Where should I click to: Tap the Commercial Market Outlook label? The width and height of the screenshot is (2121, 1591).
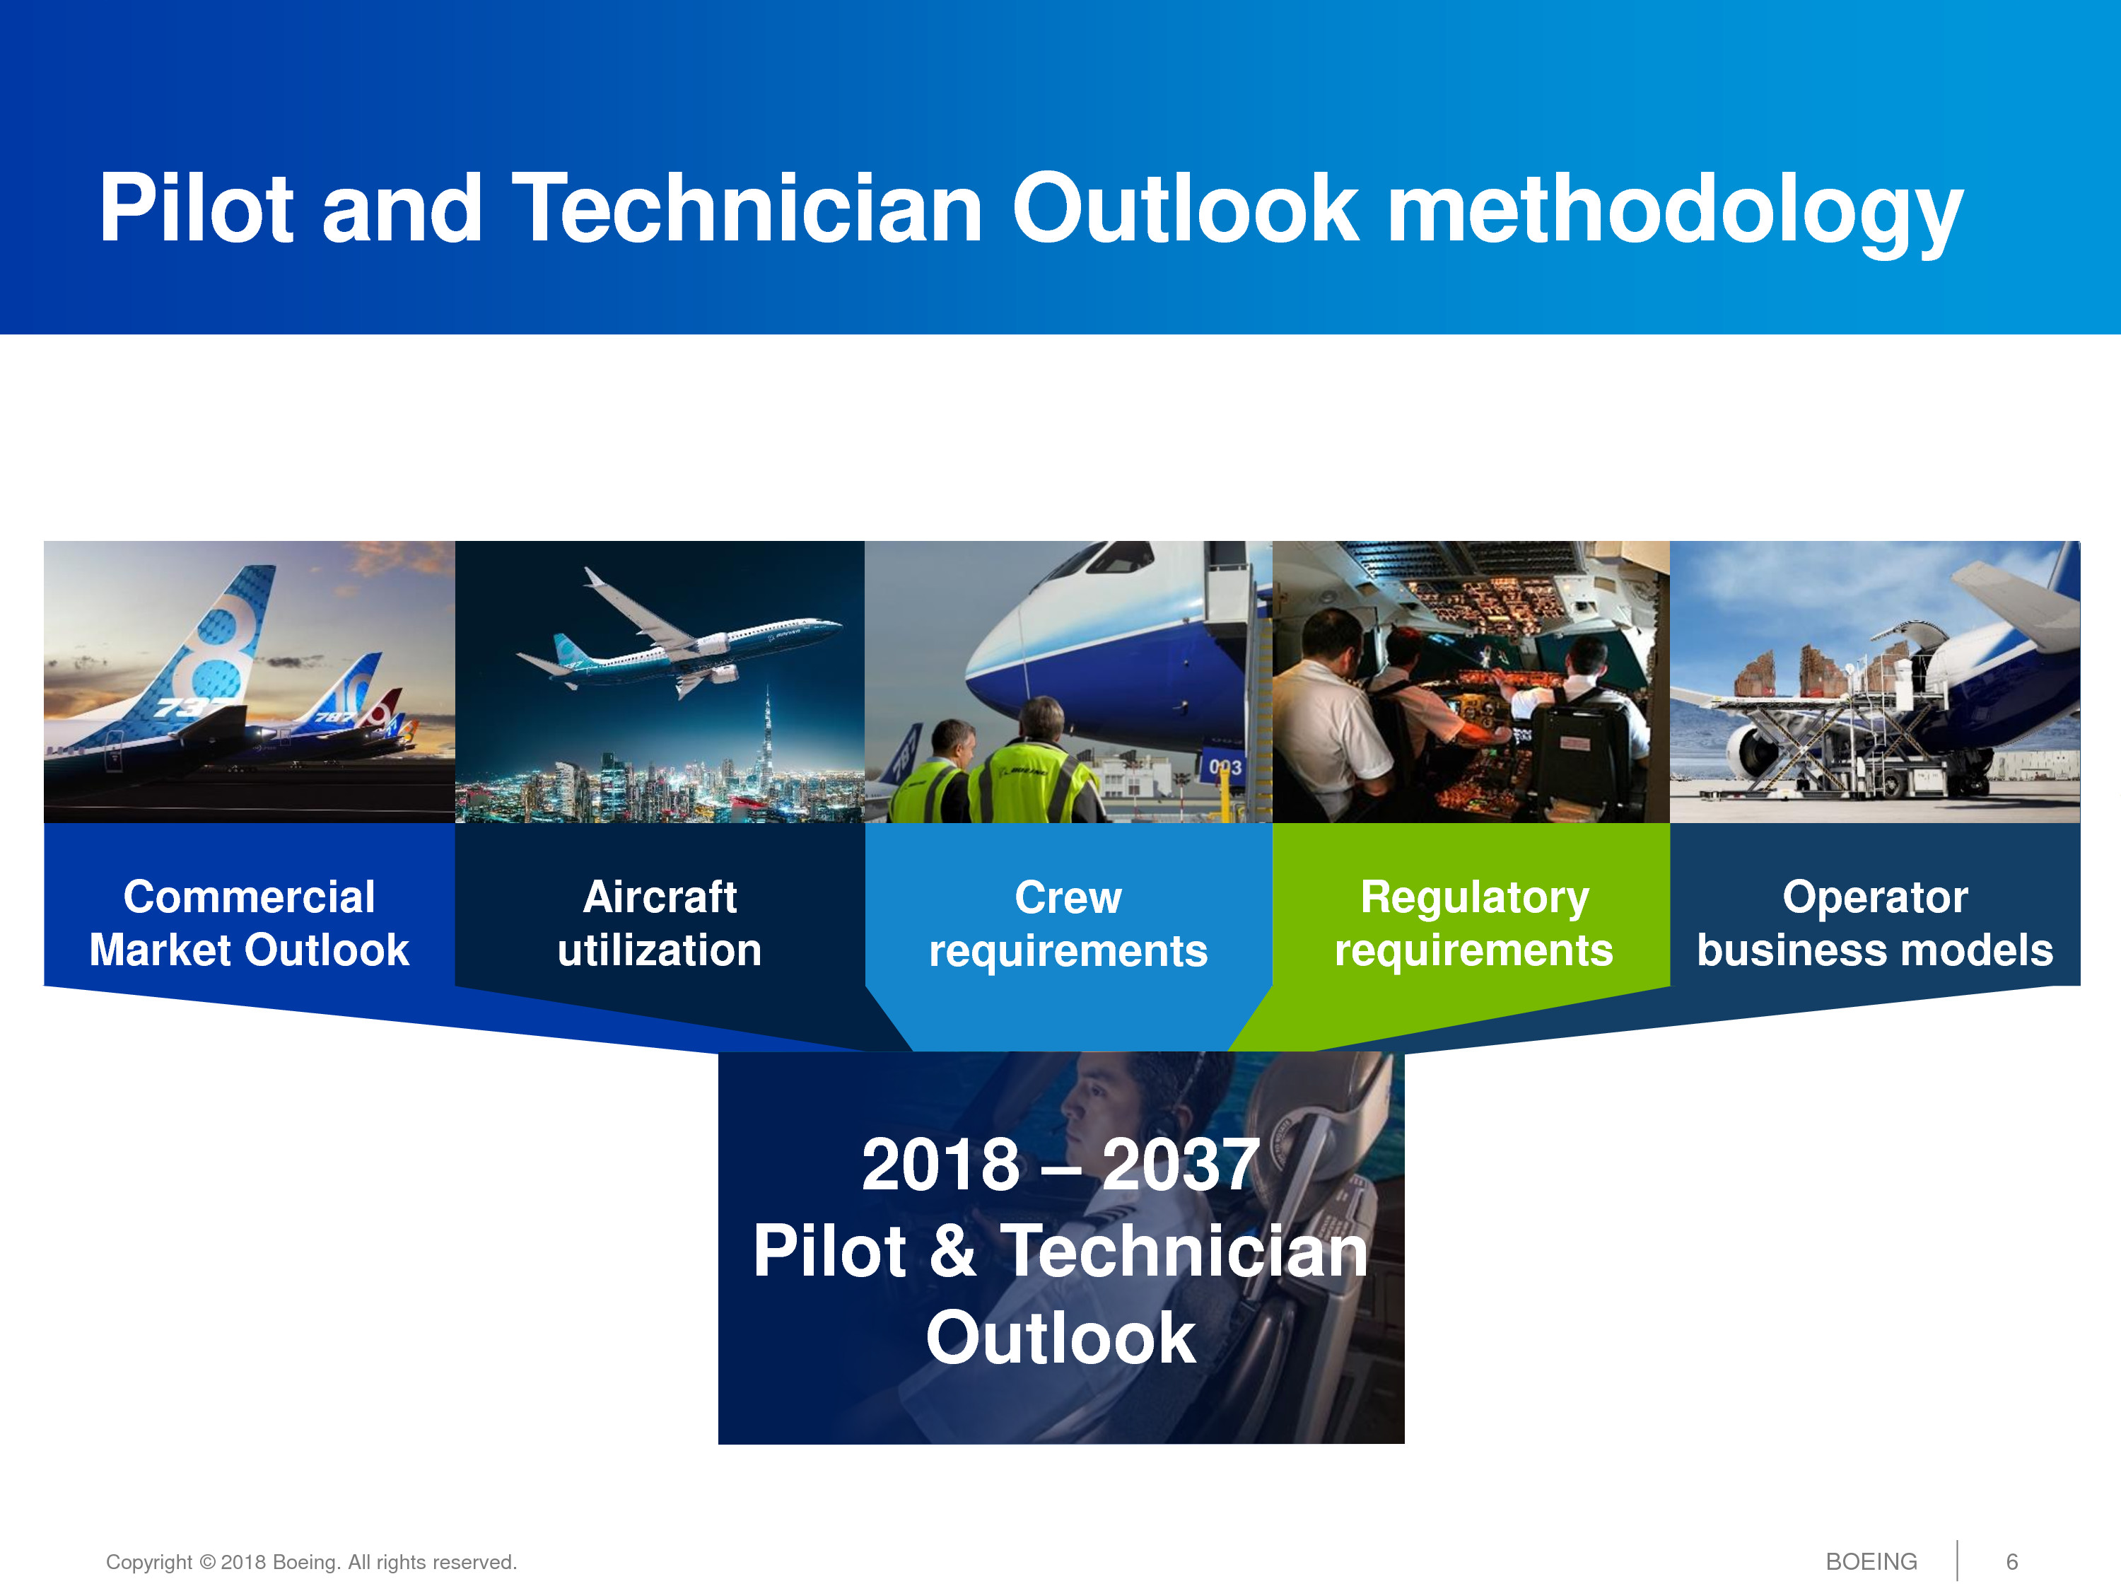[x=250, y=923]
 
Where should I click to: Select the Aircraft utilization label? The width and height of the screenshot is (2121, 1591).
[x=660, y=923]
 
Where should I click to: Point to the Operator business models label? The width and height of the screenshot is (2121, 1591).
[x=1874, y=923]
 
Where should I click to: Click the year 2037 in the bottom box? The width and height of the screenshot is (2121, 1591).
[x=1179, y=1165]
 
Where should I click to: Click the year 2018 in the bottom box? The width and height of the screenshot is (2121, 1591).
[x=940, y=1165]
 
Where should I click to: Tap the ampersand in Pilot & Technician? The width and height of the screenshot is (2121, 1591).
[x=952, y=1251]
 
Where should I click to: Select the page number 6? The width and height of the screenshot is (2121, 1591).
[x=2011, y=1562]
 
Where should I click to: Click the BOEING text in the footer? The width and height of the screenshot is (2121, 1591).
[x=1871, y=1562]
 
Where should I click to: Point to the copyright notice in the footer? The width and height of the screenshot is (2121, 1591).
[x=312, y=1562]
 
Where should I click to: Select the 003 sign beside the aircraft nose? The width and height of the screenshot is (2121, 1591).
[x=1225, y=767]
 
